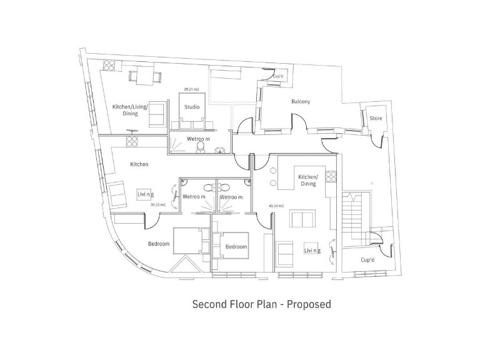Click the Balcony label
(301, 101)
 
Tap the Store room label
(376, 118)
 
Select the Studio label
(192, 107)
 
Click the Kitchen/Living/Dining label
(130, 110)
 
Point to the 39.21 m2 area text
(192, 89)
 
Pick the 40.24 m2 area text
(276, 206)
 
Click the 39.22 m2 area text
(158, 204)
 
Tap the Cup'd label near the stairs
(367, 259)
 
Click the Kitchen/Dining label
(307, 180)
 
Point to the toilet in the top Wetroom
(201, 146)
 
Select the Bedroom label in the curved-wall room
(159, 244)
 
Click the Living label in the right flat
(312, 251)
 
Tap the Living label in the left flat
(146, 194)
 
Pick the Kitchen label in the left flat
(139, 164)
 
